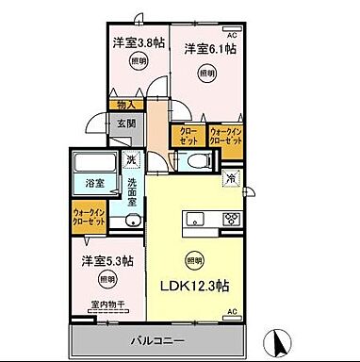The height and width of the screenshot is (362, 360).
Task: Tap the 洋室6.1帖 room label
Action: point(209,48)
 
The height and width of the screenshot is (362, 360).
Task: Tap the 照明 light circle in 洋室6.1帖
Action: point(205,73)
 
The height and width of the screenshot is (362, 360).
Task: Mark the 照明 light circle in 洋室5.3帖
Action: point(107,279)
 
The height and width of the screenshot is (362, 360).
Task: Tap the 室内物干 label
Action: point(106,304)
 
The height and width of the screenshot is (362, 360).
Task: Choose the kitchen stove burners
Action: point(231,221)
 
